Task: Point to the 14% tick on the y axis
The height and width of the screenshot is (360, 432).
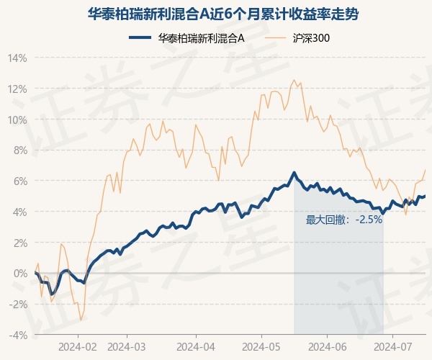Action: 17,58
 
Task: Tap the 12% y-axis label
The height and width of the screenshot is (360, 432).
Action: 17,89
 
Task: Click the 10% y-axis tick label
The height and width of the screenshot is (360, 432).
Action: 17,120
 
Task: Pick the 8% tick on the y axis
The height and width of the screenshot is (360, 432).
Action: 19,150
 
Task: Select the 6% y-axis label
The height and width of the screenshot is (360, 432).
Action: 19,181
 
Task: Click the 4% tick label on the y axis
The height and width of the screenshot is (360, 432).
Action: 19,212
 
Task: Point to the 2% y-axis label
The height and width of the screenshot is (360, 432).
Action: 19,243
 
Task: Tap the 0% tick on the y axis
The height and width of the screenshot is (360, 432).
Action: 19,274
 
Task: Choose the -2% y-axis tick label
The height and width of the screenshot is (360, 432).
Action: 18,304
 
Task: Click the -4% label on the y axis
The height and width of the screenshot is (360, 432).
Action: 18,335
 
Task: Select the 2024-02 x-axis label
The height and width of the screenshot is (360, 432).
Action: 78,346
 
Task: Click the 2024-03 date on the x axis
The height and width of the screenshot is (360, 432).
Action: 126,346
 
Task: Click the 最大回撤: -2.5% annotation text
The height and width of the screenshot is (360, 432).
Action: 343,220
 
